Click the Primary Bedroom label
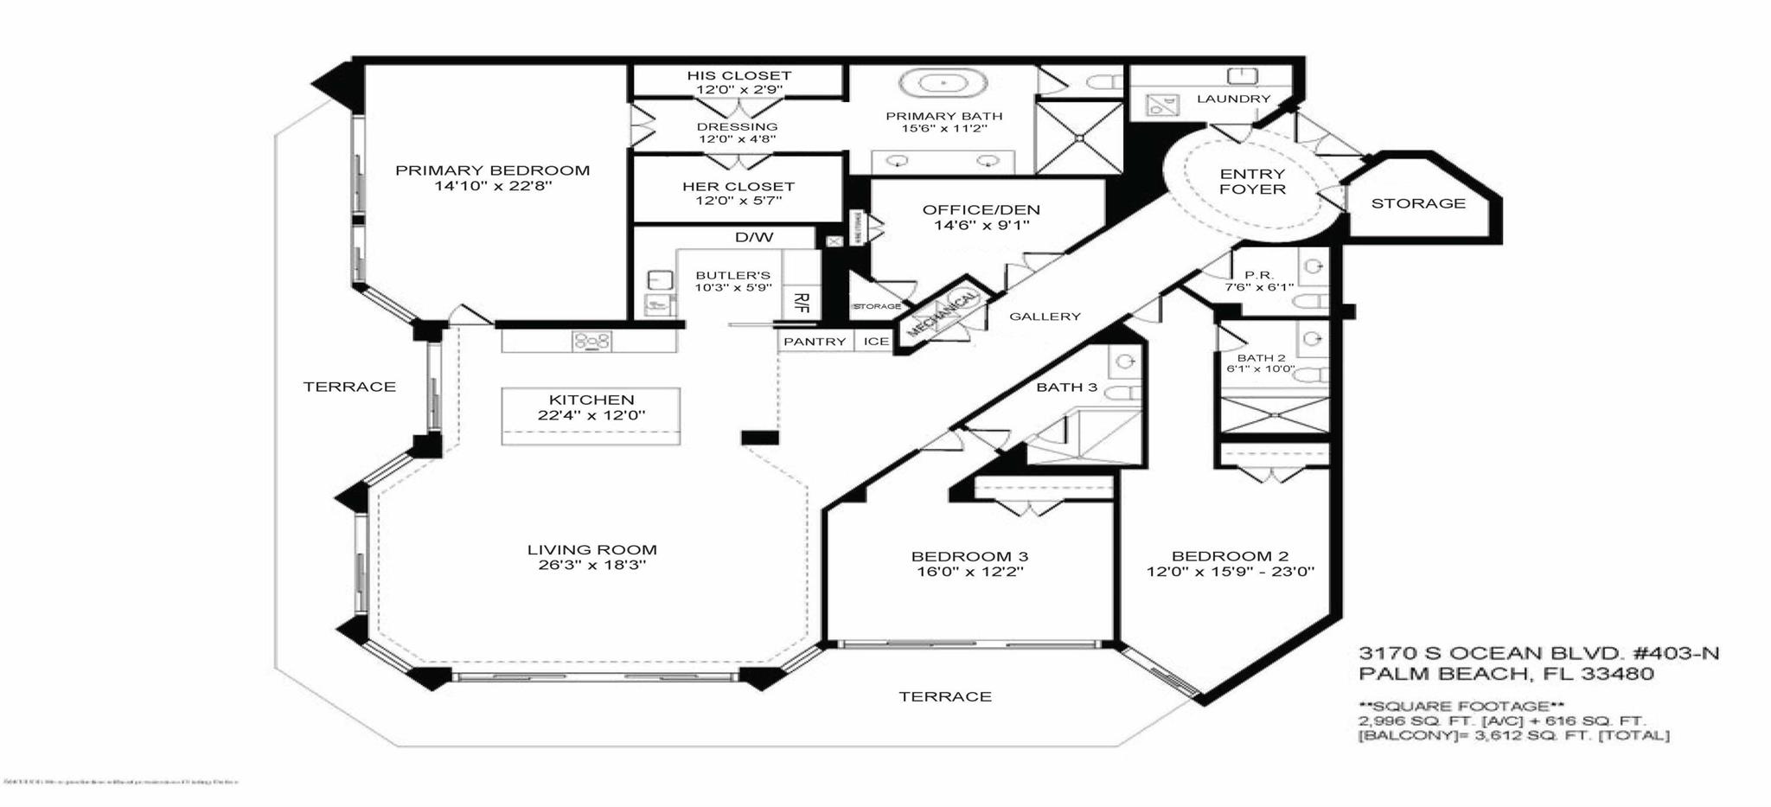(492, 170)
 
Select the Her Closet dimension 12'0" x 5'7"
(738, 201)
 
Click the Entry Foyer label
(1251, 182)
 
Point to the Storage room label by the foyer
(1417, 203)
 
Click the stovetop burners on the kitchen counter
(591, 342)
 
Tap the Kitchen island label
(591, 400)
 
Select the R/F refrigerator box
(801, 303)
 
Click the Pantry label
(815, 342)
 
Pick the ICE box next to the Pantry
(876, 342)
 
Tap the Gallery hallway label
(1045, 317)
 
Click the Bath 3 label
(1066, 387)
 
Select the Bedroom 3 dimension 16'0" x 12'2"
(969, 572)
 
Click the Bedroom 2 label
(1229, 556)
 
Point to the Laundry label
(1233, 99)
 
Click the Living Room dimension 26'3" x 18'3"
(591, 566)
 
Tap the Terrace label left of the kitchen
(349, 387)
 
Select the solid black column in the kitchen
(759, 438)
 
